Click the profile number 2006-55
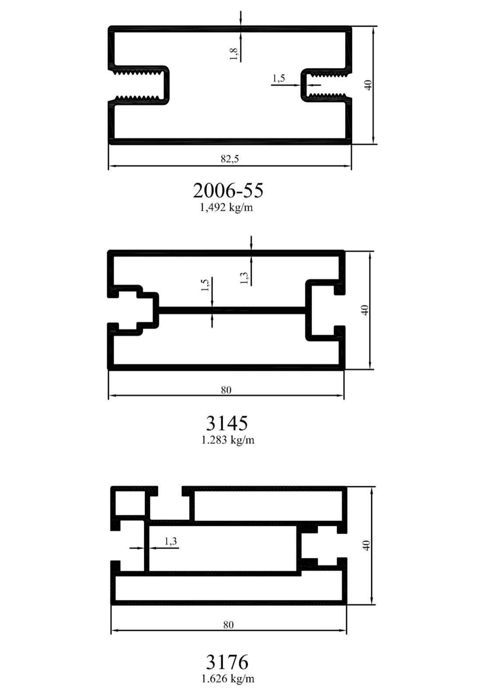(228, 190)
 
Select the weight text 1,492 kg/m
(226, 207)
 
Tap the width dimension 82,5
(230, 159)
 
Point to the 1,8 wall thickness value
(234, 54)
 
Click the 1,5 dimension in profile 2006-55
(279, 78)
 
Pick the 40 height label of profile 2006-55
(368, 85)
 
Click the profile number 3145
(227, 423)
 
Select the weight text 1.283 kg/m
(228, 440)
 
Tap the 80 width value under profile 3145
(226, 390)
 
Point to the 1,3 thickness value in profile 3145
(244, 278)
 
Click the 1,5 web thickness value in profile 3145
(205, 285)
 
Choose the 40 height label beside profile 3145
(365, 310)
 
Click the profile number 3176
(227, 662)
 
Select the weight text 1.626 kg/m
(228, 679)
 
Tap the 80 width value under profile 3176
(228, 625)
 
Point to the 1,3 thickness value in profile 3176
(171, 541)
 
